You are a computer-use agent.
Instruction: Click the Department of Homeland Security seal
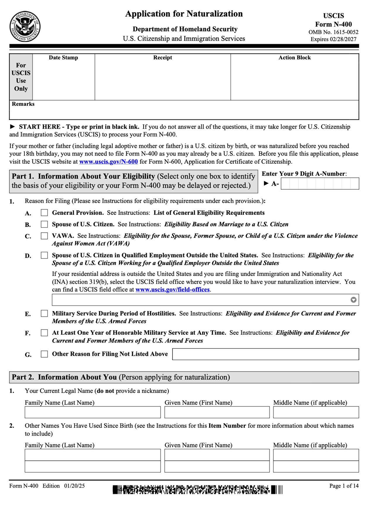25,27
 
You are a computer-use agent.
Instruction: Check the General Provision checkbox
44,213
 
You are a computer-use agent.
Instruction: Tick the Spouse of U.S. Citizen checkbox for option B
44,224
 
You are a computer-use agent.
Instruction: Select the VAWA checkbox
44,236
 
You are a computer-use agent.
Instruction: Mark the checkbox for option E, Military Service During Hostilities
44,314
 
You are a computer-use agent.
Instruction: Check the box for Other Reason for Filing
44,354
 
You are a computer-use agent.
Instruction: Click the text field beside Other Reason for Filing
265,354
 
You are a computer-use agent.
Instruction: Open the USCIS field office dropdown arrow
353,300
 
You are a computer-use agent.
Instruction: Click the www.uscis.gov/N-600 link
108,162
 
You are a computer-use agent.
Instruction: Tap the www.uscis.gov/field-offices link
172,290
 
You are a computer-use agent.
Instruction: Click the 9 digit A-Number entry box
320,184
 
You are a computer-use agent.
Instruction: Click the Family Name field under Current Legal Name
93,412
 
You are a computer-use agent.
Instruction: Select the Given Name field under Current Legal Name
217,412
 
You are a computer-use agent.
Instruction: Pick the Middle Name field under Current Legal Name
316,412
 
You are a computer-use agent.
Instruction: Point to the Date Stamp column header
63,58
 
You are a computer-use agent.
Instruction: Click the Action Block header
294,58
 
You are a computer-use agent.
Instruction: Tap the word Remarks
23,104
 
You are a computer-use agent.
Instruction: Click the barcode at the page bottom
198,490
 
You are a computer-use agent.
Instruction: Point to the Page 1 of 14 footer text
344,486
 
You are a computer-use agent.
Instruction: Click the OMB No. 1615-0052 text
333,32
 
